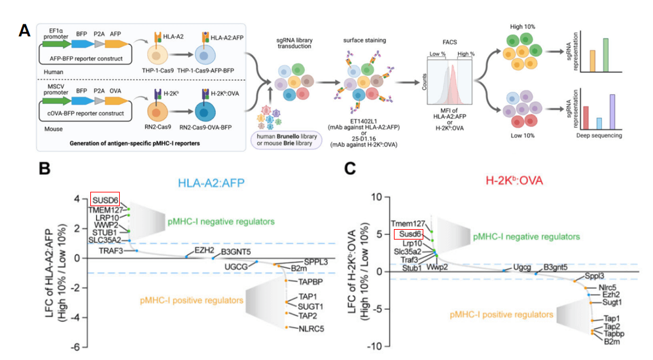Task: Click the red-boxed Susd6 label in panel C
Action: click(x=408, y=234)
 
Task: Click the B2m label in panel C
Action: click(x=612, y=341)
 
